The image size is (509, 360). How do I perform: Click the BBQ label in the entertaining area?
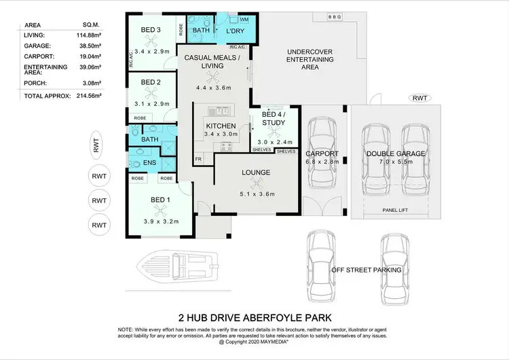coord(334,16)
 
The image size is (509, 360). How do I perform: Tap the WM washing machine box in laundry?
coord(244,20)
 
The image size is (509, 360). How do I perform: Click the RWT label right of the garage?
coord(420,98)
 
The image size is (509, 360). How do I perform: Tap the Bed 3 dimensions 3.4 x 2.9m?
coord(152,51)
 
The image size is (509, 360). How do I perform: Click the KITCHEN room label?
coord(221,126)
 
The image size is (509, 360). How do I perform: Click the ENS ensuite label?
coord(150,163)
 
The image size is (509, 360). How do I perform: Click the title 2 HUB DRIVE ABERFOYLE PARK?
coord(254,317)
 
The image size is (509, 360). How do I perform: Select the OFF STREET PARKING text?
coord(366,270)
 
